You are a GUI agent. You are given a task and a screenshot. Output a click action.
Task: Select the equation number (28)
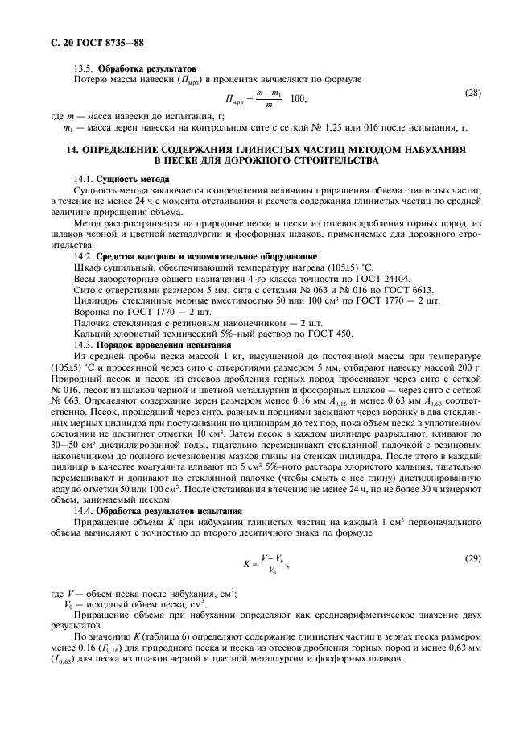click(473, 93)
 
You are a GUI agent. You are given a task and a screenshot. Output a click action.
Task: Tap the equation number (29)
click(473, 558)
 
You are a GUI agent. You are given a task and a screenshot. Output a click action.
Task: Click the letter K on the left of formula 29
click(246, 564)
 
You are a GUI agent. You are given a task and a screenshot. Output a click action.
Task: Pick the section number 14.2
click(84, 255)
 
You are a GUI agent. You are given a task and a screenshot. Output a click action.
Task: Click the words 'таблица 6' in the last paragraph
click(157, 636)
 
